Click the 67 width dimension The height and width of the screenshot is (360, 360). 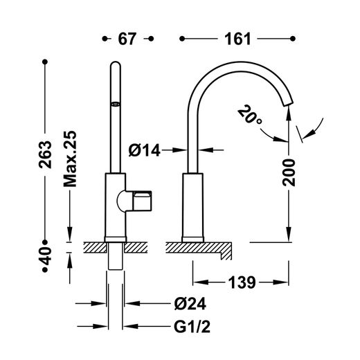(127, 39)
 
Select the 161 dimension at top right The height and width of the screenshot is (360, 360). (237, 39)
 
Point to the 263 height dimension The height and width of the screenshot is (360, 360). (45, 154)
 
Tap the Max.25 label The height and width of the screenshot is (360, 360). (70, 159)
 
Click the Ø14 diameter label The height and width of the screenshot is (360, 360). (145, 150)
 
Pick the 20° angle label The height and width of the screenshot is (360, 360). (249, 115)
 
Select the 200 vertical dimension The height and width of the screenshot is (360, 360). (289, 172)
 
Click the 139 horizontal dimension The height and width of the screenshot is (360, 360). (242, 282)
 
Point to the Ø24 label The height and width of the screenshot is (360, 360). (190, 303)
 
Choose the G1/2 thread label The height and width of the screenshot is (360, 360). (192, 327)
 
